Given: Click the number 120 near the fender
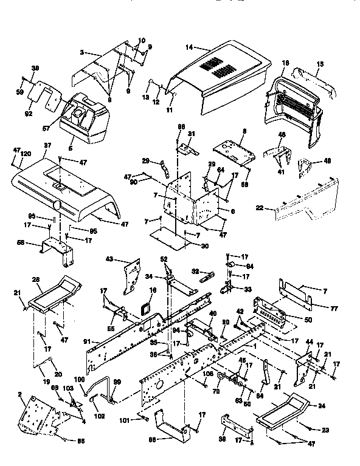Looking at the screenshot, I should tap(26, 155).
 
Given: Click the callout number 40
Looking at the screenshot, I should tap(212, 314).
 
